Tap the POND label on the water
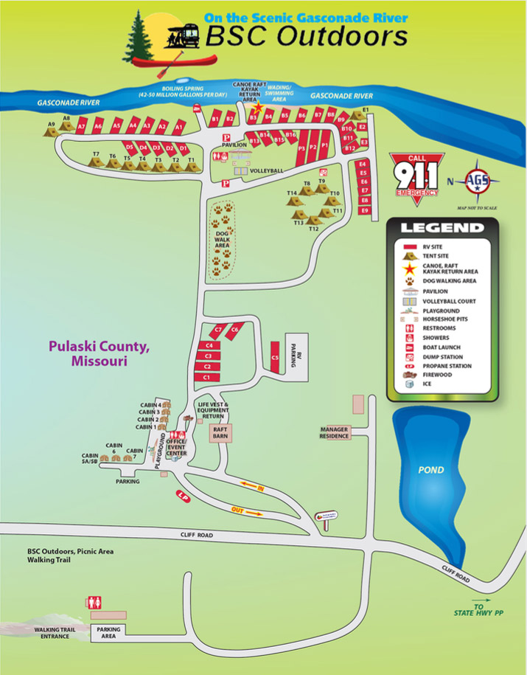coord(431,470)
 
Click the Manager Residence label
coord(334,432)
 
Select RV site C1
coord(207,377)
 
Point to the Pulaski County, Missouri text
coord(99,353)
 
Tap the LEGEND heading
coord(442,229)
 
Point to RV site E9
coord(363,210)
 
